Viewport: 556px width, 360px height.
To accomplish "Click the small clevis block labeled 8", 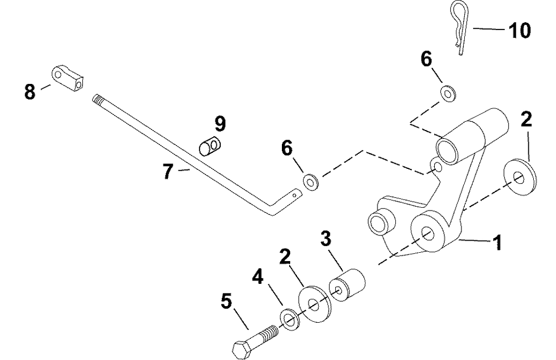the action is pyautogui.click(x=68, y=78).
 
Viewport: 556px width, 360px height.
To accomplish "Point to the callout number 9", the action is pyautogui.click(x=220, y=123).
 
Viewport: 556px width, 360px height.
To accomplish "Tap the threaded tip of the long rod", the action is pyautogui.click(x=98, y=99).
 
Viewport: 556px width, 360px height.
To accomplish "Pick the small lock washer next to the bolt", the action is pyautogui.click(x=288, y=318).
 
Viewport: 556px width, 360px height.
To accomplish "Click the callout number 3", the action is pyautogui.click(x=326, y=239).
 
